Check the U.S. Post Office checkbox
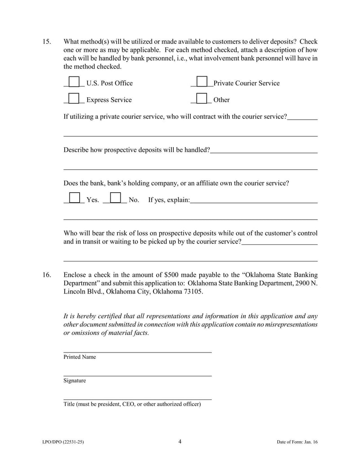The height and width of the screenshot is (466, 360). (74, 82)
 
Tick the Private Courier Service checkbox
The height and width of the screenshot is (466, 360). (202, 82)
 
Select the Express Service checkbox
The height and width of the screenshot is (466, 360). (74, 99)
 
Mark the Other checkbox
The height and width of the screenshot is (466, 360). (202, 99)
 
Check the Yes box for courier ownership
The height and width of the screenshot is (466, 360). (74, 198)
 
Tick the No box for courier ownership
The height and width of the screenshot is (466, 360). (115, 198)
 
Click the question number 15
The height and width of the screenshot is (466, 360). (47, 42)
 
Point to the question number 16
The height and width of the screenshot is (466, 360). (47, 275)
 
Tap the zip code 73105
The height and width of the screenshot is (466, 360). (193, 291)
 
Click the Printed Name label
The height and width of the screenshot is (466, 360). (80, 357)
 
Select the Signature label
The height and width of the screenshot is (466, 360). (75, 380)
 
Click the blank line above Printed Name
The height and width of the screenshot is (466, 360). (137, 351)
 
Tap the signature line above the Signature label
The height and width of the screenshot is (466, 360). (137, 375)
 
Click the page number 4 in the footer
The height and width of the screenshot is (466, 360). (180, 441)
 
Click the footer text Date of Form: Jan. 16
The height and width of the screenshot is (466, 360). (297, 442)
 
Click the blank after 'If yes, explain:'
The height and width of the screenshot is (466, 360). (254, 200)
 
